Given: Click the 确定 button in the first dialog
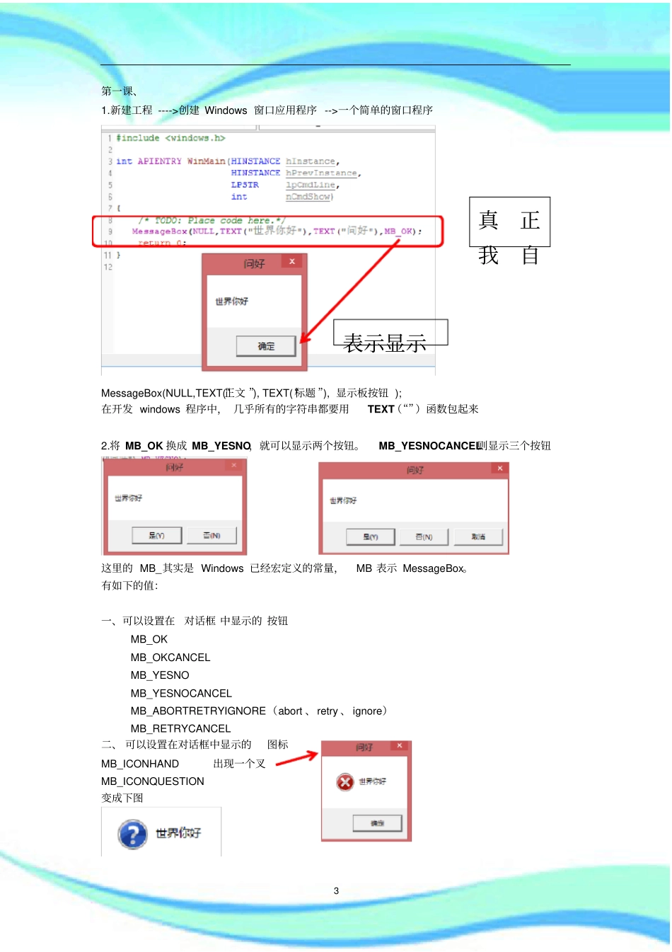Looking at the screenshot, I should (x=266, y=346).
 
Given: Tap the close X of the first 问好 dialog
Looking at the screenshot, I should (x=291, y=262).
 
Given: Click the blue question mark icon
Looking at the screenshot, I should (x=132, y=834).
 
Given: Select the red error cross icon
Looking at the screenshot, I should (x=345, y=781).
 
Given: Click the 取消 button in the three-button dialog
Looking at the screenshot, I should (x=478, y=537).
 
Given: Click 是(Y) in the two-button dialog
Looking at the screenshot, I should (x=156, y=536).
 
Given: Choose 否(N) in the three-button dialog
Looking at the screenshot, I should (x=424, y=537).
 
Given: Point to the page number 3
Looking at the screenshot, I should (x=336, y=891).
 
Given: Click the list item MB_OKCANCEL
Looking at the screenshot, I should (x=170, y=658).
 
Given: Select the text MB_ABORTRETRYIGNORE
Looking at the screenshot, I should (x=198, y=711).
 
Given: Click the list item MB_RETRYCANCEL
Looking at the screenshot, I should (x=180, y=728).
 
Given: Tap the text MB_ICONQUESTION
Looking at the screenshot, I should (x=152, y=781).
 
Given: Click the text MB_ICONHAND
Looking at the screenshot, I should (x=140, y=764).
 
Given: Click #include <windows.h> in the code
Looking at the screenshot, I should (x=170, y=138).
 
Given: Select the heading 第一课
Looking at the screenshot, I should (x=118, y=91).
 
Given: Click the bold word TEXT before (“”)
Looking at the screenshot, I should (x=381, y=409).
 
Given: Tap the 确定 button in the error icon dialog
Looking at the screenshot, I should (x=377, y=823).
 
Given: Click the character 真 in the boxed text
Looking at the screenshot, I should (x=489, y=220).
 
